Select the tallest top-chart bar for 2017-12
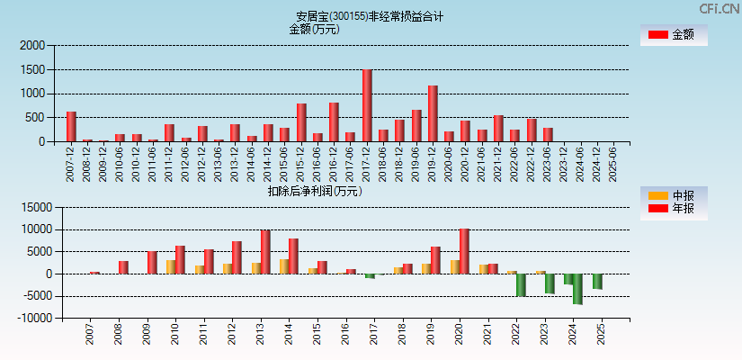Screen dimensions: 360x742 pos(367,105)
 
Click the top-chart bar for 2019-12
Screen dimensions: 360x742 pos(433,113)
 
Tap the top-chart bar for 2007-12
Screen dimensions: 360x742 pos(71,127)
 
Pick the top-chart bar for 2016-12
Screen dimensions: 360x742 pos(334,121)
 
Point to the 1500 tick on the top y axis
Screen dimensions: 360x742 pos(33,69)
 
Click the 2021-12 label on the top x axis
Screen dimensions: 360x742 pos(498,163)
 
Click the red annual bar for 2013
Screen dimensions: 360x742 pos(265,252)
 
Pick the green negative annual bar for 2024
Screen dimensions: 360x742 pos(577,289)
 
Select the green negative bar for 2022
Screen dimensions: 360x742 pos(521,284)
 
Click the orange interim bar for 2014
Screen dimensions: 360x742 pos(284,266)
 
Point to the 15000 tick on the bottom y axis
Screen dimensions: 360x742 pos(30,207)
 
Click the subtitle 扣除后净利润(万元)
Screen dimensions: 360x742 pos(315,191)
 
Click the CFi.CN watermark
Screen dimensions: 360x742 pos(719,8)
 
